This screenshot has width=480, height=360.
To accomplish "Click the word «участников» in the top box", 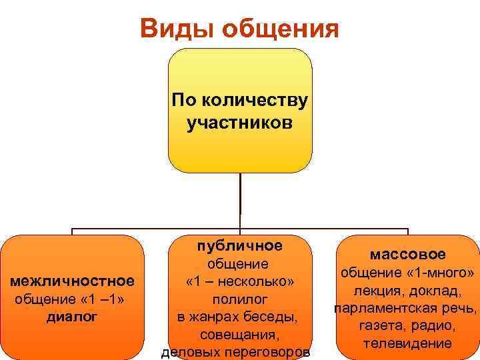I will click(x=239, y=123).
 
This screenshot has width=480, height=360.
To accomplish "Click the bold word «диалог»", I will click(x=72, y=316).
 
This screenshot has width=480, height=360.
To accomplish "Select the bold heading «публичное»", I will click(x=239, y=245).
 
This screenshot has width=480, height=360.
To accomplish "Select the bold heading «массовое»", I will click(x=407, y=254).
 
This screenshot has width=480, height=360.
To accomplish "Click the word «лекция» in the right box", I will click(x=381, y=291).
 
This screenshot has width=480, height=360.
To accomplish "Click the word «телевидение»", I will click(x=407, y=344).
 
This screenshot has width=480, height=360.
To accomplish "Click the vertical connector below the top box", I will click(x=239, y=200).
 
